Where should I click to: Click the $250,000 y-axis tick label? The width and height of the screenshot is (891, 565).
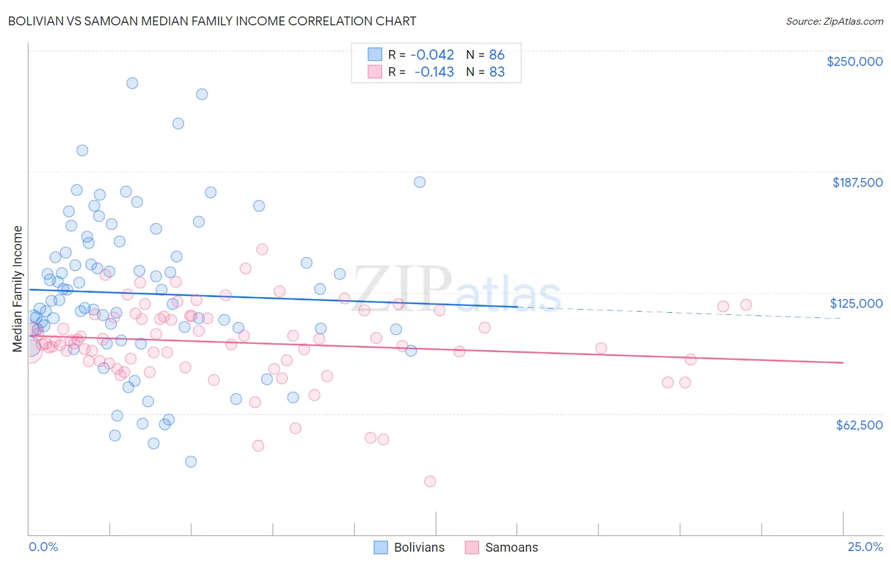tap(854, 61)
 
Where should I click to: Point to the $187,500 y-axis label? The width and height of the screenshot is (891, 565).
tap(857, 182)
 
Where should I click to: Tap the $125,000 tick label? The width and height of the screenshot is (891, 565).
tap(856, 303)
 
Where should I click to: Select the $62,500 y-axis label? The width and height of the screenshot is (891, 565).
tap(859, 425)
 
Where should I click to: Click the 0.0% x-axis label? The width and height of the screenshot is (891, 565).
tap(44, 547)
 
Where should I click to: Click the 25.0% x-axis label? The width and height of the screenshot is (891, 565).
tap(865, 547)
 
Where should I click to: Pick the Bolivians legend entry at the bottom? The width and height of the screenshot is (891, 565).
tap(409, 547)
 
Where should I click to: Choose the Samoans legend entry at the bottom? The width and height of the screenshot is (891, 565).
tap(501, 547)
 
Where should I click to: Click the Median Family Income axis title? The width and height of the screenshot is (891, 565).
tap(18, 289)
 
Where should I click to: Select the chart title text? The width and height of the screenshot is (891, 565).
tap(212, 21)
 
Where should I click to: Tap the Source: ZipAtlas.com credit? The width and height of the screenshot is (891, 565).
tap(834, 22)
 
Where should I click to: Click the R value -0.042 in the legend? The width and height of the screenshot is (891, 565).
tap(432, 54)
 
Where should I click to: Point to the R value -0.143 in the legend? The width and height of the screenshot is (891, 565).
tap(434, 72)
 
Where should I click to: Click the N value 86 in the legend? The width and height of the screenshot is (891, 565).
tap(497, 54)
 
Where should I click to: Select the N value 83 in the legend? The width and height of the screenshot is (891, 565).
tap(497, 72)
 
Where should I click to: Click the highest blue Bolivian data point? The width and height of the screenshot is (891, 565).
tap(132, 83)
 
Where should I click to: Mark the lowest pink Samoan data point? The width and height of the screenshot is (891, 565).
tap(430, 481)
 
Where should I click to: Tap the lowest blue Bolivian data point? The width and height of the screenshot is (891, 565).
tap(191, 461)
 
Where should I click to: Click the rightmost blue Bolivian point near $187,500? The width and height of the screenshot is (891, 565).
tap(420, 182)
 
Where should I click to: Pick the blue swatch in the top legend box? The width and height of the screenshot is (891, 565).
tap(375, 54)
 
